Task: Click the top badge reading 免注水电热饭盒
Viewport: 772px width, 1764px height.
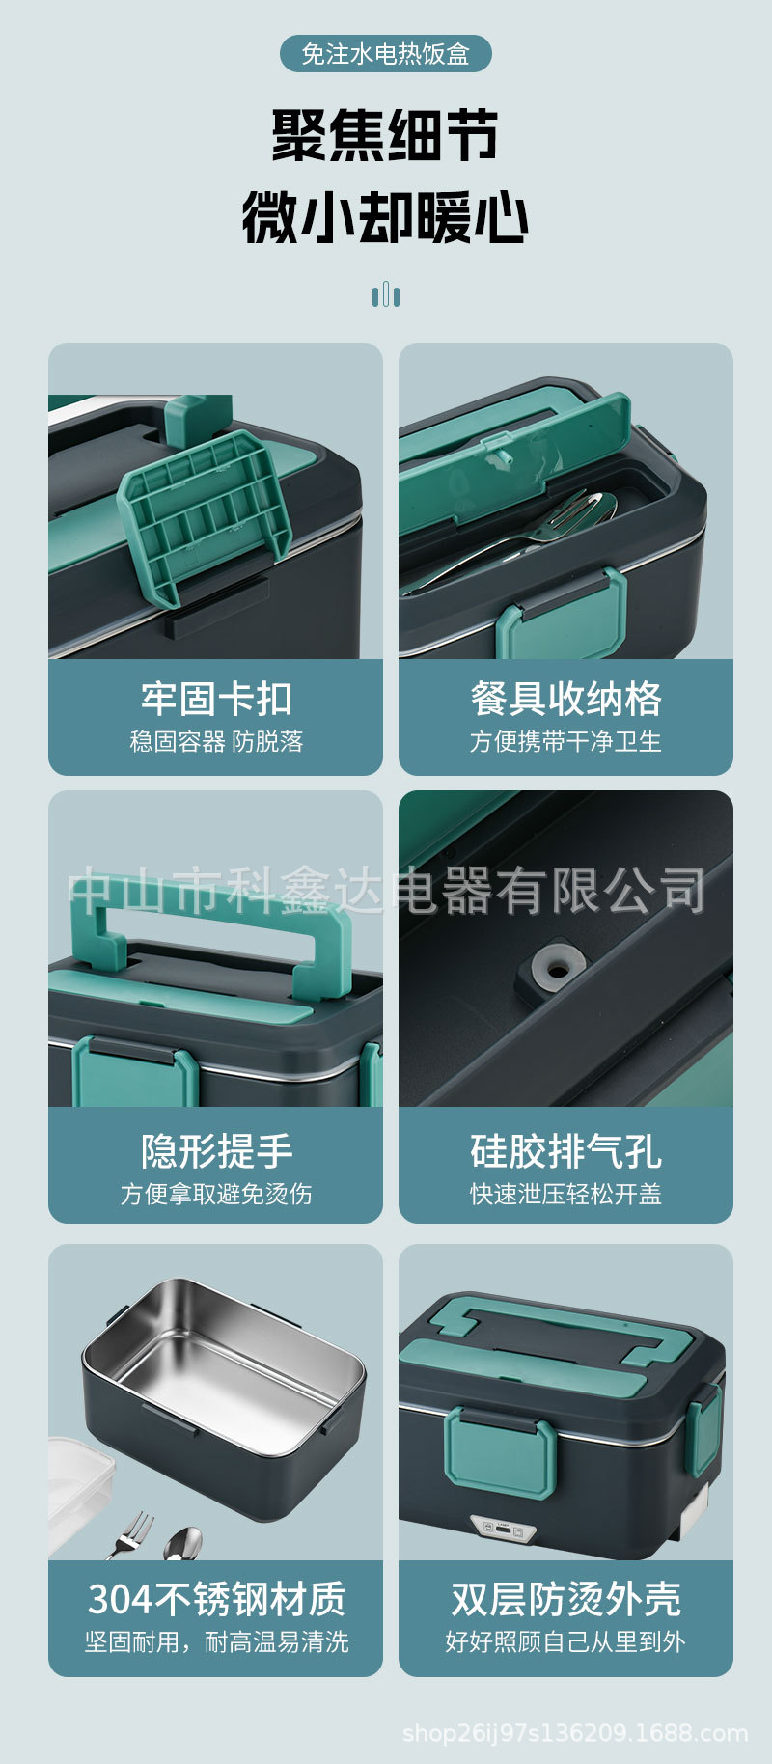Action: click(386, 54)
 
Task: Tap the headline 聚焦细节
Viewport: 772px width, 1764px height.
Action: click(385, 135)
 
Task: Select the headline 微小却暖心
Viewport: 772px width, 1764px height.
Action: click(385, 217)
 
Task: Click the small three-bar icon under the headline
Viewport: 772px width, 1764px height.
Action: click(386, 294)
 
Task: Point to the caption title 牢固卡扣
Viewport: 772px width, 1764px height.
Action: click(216, 699)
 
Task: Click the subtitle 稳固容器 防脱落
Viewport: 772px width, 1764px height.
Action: click(216, 741)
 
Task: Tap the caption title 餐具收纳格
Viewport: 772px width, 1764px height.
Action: click(565, 699)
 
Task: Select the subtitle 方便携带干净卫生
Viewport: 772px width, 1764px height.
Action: click(565, 741)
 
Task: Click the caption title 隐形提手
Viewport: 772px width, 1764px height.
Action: click(216, 1150)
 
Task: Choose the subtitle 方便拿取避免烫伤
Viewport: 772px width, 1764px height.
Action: click(216, 1194)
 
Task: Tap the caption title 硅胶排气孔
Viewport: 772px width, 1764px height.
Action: click(565, 1150)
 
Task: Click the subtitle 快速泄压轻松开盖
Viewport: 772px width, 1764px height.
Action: click(565, 1194)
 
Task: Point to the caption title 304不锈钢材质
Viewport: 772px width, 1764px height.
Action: click(216, 1599)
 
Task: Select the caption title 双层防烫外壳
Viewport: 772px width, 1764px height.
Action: click(565, 1599)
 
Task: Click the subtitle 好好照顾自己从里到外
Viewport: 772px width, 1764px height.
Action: click(565, 1641)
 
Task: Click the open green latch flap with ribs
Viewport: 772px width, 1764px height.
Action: click(204, 516)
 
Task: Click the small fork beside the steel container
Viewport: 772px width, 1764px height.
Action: click(131, 1533)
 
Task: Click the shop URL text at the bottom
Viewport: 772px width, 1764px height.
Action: click(575, 1733)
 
